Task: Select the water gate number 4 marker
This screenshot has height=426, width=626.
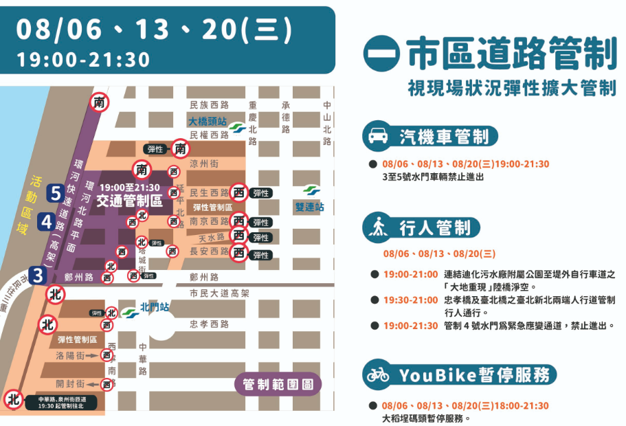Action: [46, 222]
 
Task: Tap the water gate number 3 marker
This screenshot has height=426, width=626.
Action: [38, 276]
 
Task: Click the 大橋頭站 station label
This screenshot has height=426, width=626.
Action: [209, 121]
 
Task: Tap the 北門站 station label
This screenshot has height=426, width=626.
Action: [155, 308]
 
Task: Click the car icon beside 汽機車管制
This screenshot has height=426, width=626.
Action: [377, 136]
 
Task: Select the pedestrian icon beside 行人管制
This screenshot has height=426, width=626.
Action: [377, 227]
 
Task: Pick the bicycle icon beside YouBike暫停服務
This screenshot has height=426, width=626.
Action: [377, 374]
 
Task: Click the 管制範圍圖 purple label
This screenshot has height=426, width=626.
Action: [278, 383]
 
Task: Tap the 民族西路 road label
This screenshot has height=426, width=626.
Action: [209, 104]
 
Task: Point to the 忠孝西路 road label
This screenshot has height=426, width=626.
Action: [209, 324]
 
